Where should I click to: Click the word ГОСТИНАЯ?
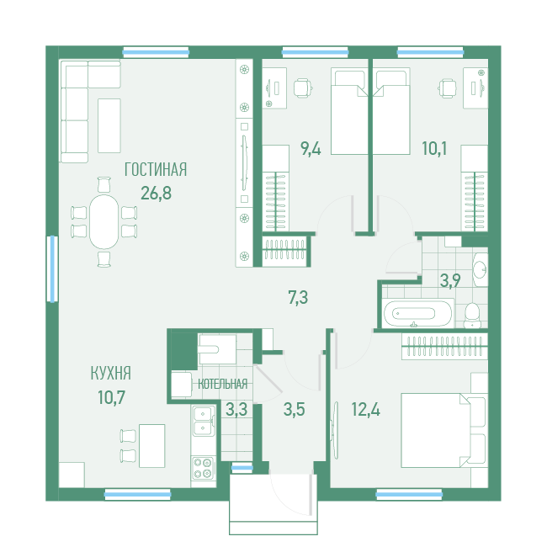pyautogui.click(x=156, y=169)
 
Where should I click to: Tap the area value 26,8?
pyautogui.click(x=156, y=193)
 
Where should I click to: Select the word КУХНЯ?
pyautogui.click(x=110, y=374)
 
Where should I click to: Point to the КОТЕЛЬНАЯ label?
pyautogui.click(x=222, y=384)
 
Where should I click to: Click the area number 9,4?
pyautogui.click(x=311, y=149)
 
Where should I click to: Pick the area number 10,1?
pyautogui.click(x=434, y=149)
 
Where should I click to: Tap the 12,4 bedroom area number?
pyautogui.click(x=365, y=409)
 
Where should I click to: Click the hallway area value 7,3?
pyautogui.click(x=298, y=298)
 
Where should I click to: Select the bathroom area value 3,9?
pyautogui.click(x=450, y=280)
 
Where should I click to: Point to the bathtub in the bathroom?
pyautogui.click(x=414, y=313)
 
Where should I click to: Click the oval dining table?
pyautogui.click(x=104, y=222)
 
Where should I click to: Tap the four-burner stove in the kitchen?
pyautogui.click(x=203, y=468)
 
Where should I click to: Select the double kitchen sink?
pyautogui.click(x=204, y=421)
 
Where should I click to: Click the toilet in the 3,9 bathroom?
pyautogui.click(x=472, y=316)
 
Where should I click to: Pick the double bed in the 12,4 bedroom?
pyautogui.click(x=436, y=431)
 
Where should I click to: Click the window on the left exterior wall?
pyautogui.click(x=52, y=268)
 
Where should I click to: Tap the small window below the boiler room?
pyautogui.click(x=242, y=467)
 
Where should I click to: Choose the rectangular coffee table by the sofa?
pyautogui.click(x=109, y=125)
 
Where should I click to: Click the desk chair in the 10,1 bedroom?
pyautogui.click(x=447, y=88)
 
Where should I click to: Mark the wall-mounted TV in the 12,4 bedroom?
pyautogui.click(x=335, y=431)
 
